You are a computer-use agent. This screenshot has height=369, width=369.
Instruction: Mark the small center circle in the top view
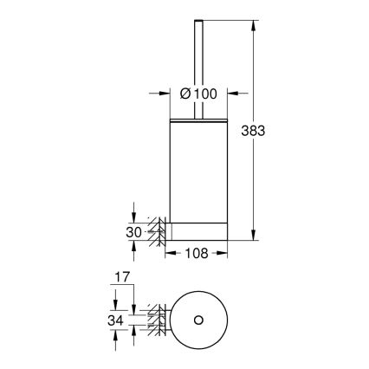pyautogui.click(x=197, y=320)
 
